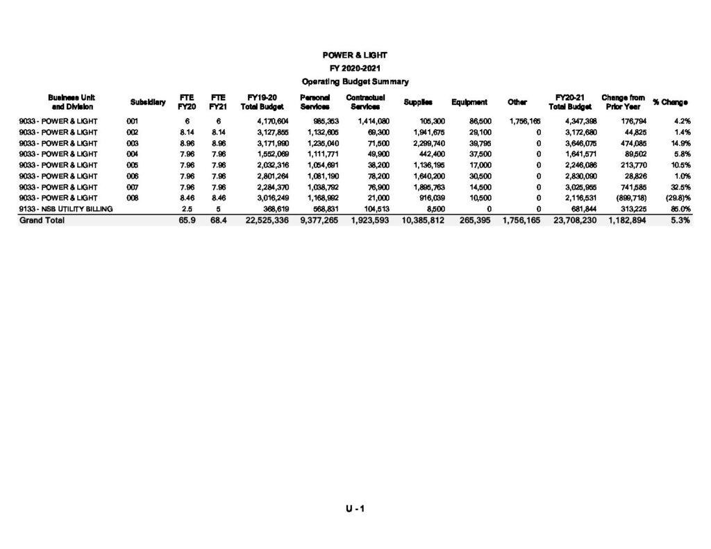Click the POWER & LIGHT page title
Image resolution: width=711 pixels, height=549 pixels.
[x=355, y=55]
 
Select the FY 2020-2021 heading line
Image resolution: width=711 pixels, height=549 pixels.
[x=355, y=68]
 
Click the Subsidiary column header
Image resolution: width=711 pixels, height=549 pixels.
[x=147, y=103]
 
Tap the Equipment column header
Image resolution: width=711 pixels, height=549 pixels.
[x=469, y=103]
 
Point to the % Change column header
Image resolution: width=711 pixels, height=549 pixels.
[x=670, y=103]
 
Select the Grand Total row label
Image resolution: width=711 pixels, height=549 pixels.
[x=42, y=220]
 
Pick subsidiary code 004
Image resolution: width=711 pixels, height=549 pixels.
[x=133, y=154]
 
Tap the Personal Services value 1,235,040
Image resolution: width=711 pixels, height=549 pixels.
[x=322, y=143]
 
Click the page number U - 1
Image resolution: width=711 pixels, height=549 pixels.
[x=355, y=509]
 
